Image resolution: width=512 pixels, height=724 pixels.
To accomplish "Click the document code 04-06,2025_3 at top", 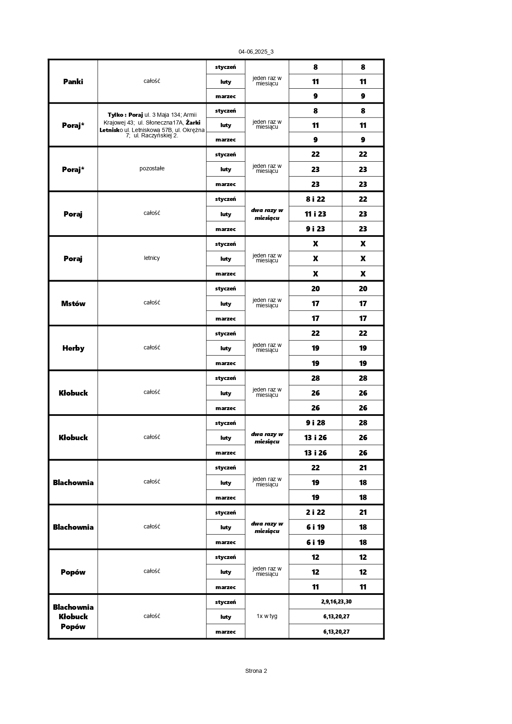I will (256, 52).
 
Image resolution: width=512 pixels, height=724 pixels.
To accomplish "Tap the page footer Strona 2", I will (256, 671).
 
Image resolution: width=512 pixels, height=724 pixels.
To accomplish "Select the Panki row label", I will (73, 82).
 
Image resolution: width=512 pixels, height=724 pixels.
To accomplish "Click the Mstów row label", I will (73, 304).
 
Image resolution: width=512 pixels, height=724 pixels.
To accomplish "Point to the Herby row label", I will (73, 348).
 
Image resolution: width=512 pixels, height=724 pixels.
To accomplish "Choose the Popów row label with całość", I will (73, 572).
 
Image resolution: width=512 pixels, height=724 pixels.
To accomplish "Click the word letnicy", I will (152, 258).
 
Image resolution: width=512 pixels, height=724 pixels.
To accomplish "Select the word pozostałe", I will (152, 169).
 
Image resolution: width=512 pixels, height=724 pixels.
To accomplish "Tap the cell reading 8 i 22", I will (315, 199).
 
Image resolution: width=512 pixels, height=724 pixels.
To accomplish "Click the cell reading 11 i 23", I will (315, 214).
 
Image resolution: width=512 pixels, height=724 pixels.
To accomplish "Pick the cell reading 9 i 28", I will (315, 423).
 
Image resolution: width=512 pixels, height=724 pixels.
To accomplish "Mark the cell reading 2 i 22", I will (315, 512).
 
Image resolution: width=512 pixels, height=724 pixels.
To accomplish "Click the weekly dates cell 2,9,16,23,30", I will (336, 602).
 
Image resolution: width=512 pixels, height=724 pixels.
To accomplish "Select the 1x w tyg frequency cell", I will (267, 616).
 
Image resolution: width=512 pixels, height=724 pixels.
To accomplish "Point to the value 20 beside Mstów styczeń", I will (315, 289).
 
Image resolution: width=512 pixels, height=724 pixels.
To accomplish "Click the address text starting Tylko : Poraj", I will (152, 125).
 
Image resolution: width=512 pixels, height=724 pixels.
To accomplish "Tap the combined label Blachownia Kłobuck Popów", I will (73, 617).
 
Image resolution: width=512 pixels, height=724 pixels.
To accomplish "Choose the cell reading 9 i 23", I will (315, 229).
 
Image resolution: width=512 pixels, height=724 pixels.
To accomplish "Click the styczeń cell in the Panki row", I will (225, 67).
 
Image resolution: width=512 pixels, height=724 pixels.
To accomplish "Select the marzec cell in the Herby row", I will (225, 363).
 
